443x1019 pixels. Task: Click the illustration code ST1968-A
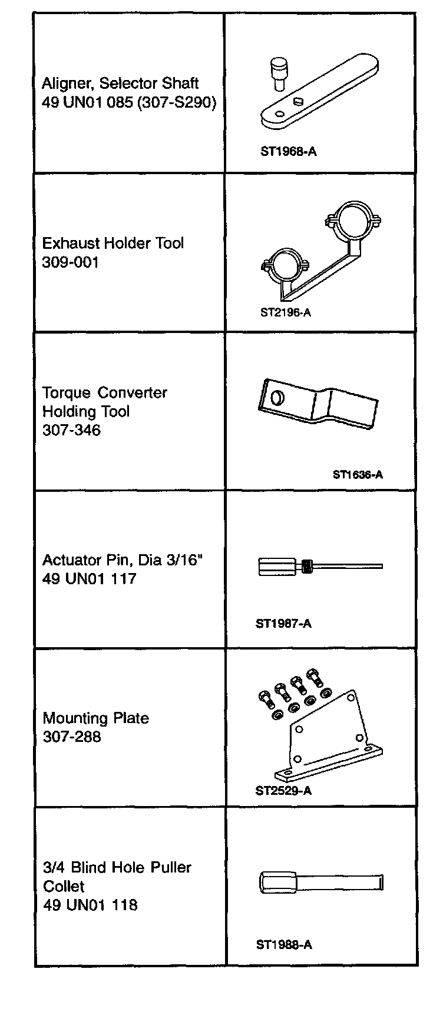[x=288, y=152]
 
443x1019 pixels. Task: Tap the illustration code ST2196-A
[x=286, y=312]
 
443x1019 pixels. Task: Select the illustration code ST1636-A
[x=358, y=474]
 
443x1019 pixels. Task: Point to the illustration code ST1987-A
[x=283, y=624]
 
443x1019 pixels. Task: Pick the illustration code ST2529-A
[x=283, y=791]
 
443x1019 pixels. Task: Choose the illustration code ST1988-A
[x=284, y=945]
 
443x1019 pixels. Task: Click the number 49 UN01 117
[x=89, y=579]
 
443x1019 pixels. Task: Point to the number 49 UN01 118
[x=90, y=905]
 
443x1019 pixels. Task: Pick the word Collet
[x=64, y=886]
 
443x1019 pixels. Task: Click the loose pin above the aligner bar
[x=276, y=71]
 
